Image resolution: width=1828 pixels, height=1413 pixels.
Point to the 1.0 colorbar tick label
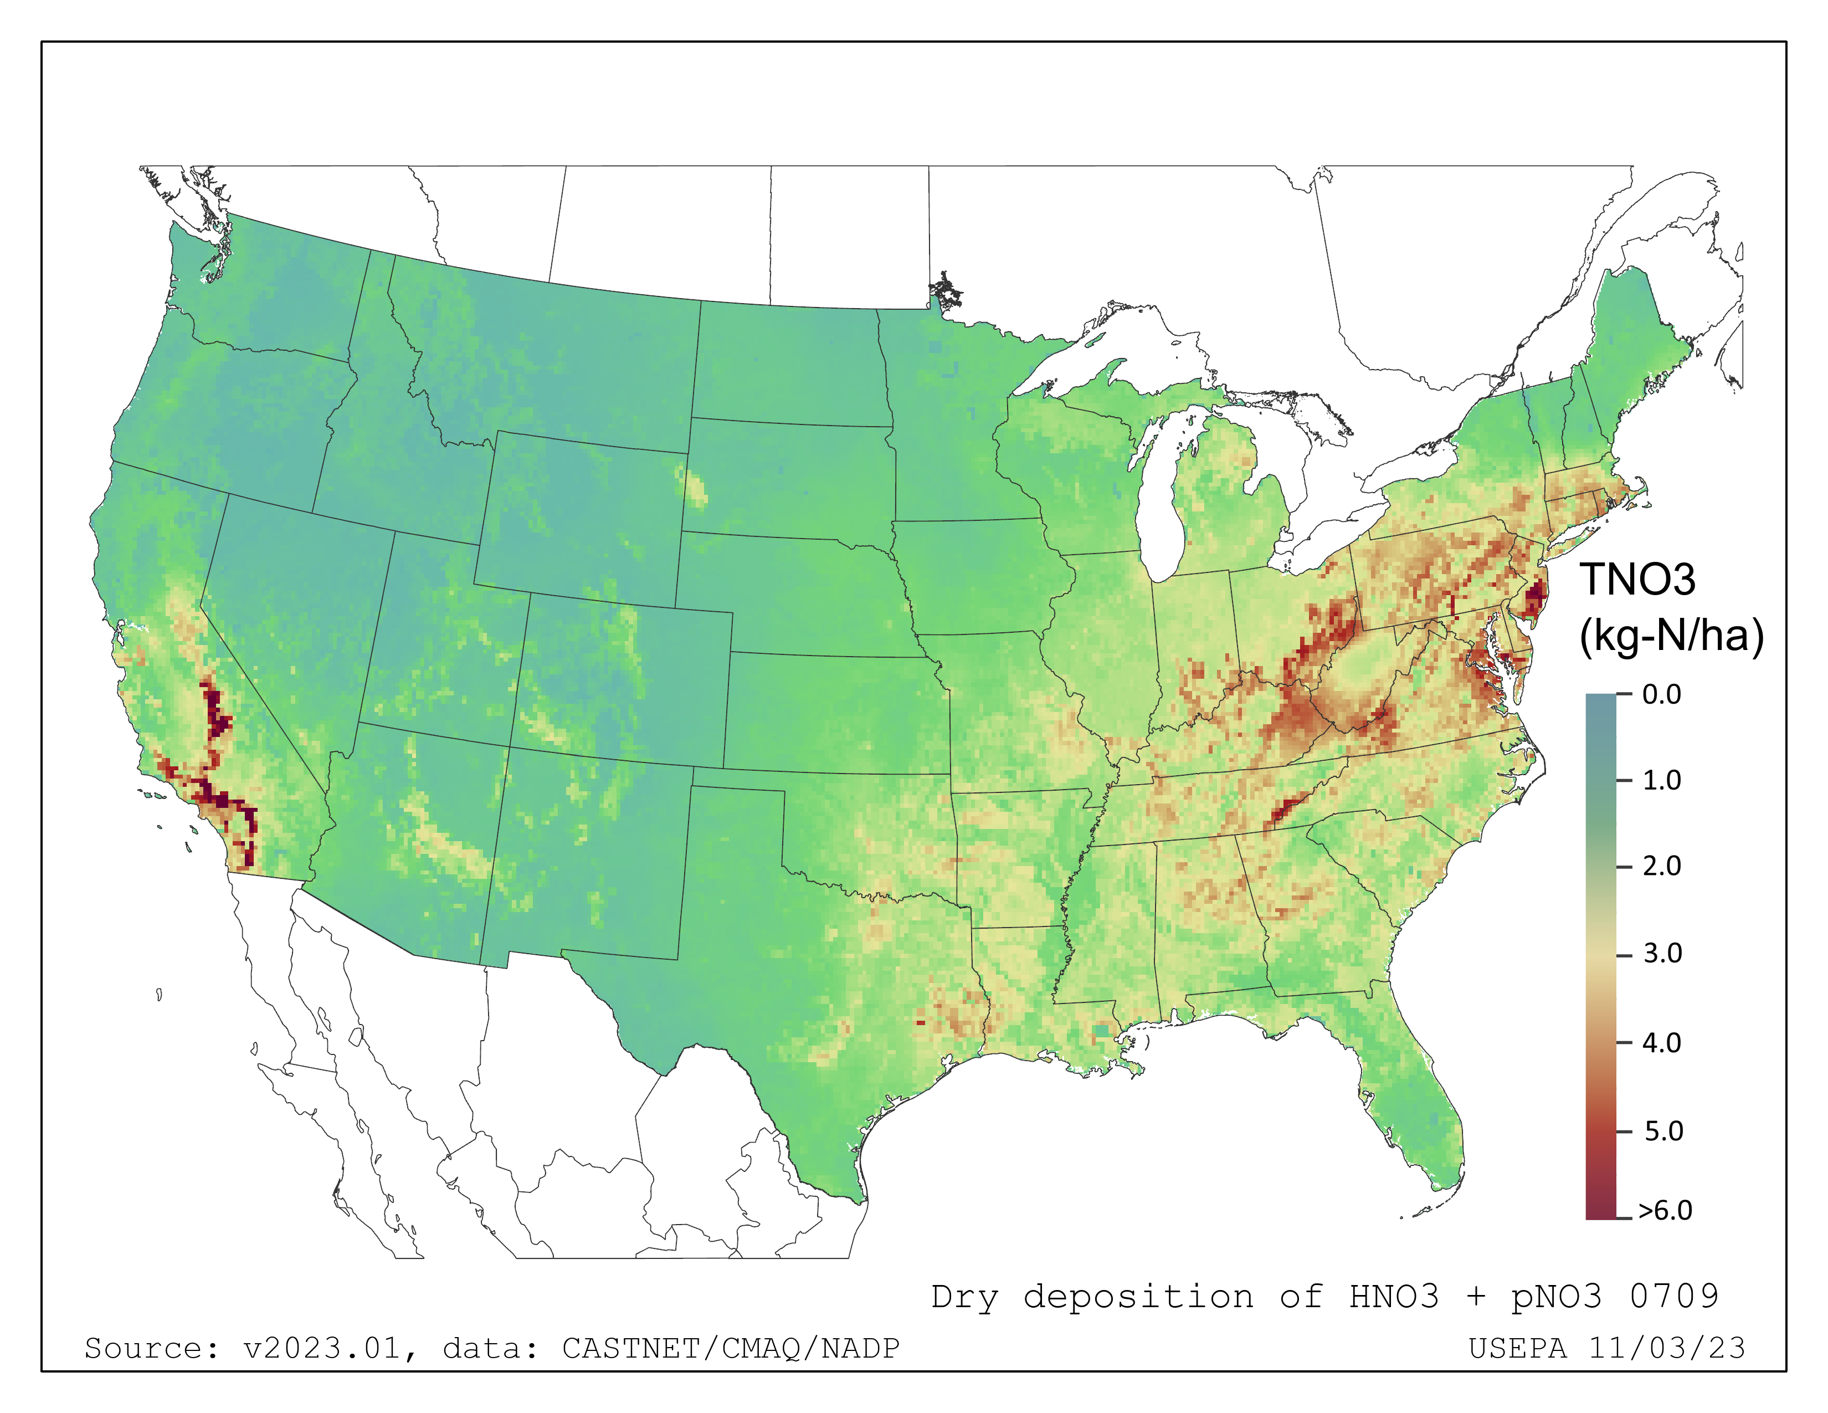pos(1661,781)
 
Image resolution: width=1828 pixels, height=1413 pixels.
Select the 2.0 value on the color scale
pos(1661,867)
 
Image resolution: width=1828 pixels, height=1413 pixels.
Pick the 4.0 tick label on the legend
pos(1661,1043)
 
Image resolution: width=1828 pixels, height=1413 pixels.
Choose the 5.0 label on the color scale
pos(1662,1132)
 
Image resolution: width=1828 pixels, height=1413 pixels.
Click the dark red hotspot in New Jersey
pos(1534,601)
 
